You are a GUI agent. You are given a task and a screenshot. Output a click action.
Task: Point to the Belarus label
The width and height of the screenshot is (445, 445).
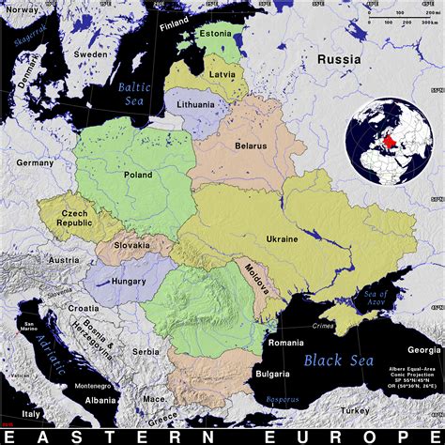(x=251, y=146)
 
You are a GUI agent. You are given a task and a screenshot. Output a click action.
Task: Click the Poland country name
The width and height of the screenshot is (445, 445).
(x=138, y=174)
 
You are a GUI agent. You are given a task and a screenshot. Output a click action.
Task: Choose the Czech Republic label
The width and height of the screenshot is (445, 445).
(x=74, y=220)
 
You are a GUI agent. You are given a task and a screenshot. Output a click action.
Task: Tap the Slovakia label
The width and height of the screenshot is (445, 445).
(x=132, y=245)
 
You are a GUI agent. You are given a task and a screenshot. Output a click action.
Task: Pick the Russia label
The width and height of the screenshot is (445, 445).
(x=338, y=59)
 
